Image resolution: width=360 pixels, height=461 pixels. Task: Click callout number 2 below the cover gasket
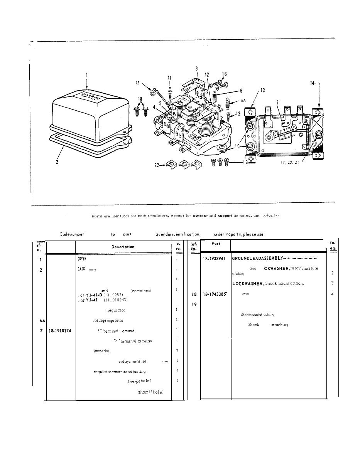(56, 162)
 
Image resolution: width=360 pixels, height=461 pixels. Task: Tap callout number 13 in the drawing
(262, 90)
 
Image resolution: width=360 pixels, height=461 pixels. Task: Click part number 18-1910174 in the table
(60, 331)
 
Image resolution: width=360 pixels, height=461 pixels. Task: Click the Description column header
(123, 247)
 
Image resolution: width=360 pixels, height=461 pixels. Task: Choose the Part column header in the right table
(216, 244)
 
